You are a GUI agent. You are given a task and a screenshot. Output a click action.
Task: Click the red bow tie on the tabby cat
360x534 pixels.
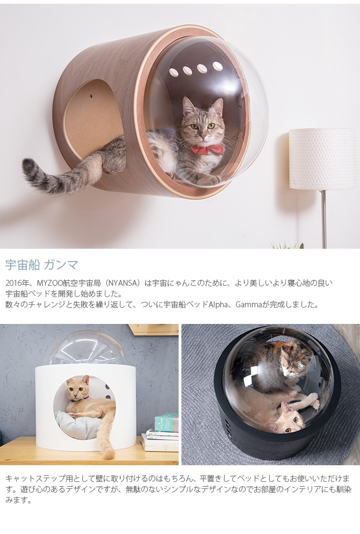[x=207, y=149]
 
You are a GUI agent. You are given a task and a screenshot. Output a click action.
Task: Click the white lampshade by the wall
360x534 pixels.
[x=322, y=159]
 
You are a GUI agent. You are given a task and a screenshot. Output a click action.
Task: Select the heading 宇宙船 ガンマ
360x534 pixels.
[x=41, y=265]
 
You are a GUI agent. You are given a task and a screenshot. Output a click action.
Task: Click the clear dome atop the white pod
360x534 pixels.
[x=86, y=348]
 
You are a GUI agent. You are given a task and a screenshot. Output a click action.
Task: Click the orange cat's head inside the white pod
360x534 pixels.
[x=78, y=388]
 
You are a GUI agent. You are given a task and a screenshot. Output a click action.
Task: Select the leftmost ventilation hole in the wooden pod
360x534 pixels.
[x=174, y=73]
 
